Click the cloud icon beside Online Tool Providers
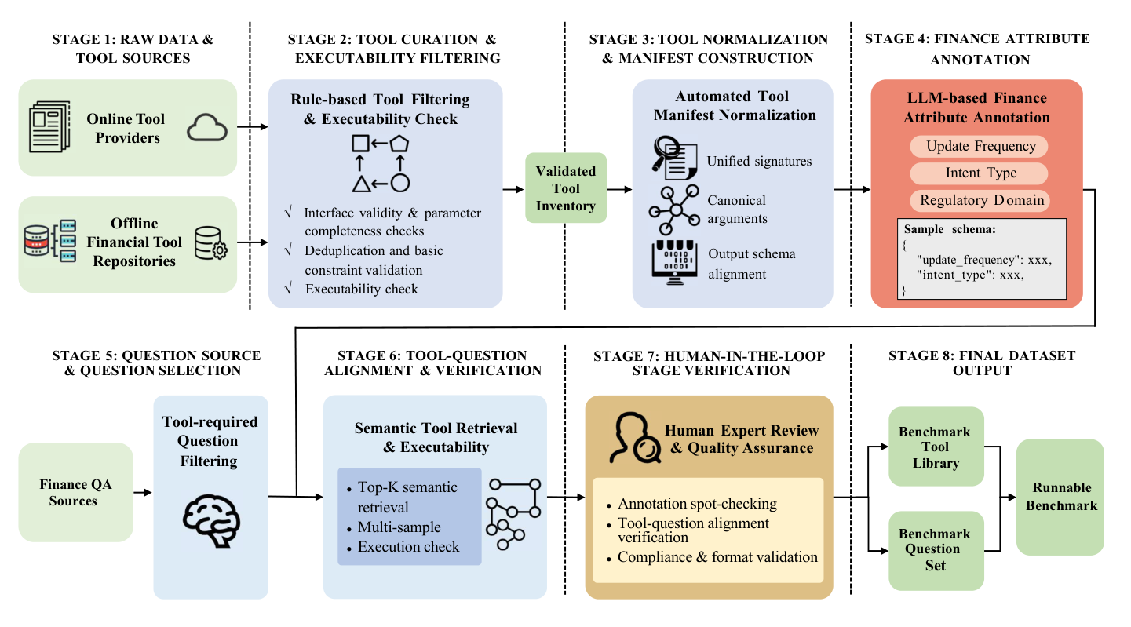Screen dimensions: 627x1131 point(206,129)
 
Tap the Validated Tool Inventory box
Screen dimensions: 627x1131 point(565,188)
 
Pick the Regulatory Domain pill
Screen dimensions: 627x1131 point(981,200)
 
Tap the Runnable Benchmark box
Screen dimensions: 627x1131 point(1060,498)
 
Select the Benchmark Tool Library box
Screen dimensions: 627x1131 point(935,447)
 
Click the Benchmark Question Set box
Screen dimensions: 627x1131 point(935,550)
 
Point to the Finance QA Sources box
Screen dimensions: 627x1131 point(76,493)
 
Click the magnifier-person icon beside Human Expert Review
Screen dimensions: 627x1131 point(633,439)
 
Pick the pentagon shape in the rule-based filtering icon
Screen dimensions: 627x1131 point(400,143)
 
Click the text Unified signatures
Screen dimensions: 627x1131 point(759,162)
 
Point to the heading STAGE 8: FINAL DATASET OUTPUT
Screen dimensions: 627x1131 point(981,363)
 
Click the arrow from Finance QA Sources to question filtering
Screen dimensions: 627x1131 point(143,493)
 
